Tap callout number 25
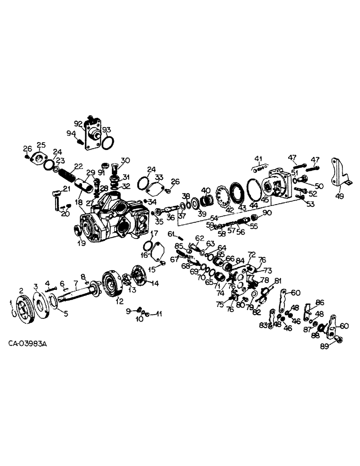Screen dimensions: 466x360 (x=41, y=144)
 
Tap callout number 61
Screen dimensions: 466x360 (x=171, y=233)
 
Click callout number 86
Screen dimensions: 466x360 (x=320, y=302)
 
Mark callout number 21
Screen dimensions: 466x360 (x=67, y=188)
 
